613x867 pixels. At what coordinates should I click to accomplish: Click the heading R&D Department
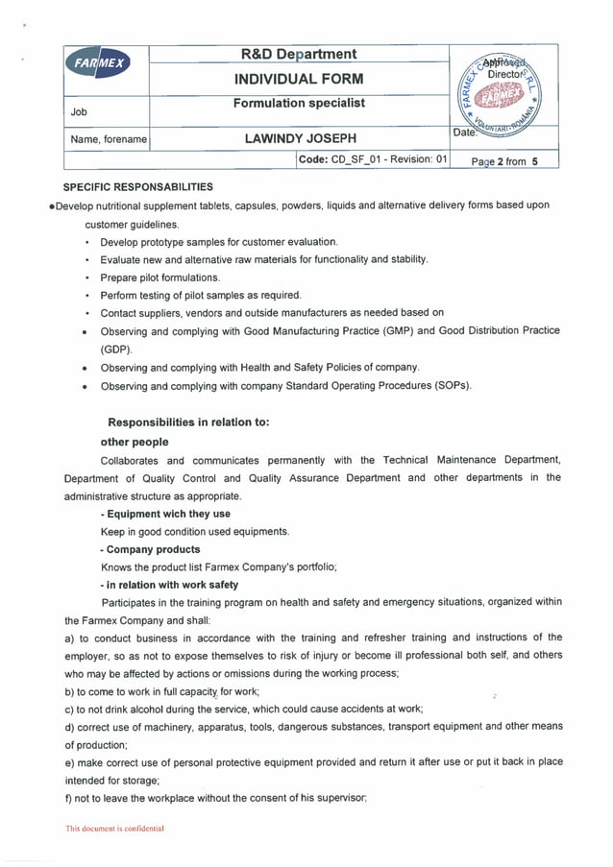(x=299, y=55)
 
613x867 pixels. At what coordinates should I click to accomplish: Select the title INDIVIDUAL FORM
(x=299, y=79)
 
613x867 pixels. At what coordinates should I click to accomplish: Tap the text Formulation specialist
(x=299, y=103)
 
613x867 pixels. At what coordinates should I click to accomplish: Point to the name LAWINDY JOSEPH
(x=300, y=139)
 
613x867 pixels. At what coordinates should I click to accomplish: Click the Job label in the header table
(x=79, y=112)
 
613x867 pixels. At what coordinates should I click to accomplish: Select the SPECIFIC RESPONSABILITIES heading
(x=137, y=187)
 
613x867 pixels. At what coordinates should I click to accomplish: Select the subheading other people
(x=135, y=442)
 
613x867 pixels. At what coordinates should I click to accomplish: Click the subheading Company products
(x=150, y=549)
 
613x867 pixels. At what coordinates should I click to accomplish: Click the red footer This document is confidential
(x=114, y=828)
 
